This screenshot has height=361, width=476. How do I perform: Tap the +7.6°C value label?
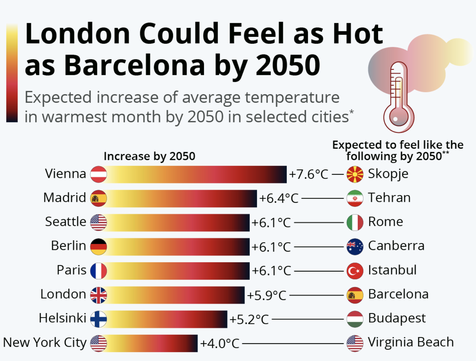(x=308, y=174)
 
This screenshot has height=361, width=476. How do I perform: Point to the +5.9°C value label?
(x=267, y=295)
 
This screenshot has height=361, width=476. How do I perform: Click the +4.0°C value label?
(x=220, y=343)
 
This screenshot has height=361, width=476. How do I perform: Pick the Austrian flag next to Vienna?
(x=98, y=174)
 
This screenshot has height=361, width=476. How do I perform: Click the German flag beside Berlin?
(x=98, y=247)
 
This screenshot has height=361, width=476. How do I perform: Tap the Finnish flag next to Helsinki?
(x=98, y=319)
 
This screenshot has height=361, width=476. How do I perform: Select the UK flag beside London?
(x=98, y=295)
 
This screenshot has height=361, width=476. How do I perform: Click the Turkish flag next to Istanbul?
(x=355, y=271)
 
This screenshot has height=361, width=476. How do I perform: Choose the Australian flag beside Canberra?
(x=355, y=247)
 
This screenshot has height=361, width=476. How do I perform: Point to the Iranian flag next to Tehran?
(x=355, y=198)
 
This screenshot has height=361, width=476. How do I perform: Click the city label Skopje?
(x=388, y=174)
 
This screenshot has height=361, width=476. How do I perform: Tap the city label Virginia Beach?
(x=411, y=342)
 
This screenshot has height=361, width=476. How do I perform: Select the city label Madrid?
(x=65, y=198)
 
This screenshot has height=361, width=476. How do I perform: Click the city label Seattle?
(x=66, y=222)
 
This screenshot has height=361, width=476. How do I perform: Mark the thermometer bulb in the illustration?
(x=399, y=117)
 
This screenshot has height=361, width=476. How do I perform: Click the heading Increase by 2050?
(x=149, y=156)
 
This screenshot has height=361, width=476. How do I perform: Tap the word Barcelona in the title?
(x=135, y=65)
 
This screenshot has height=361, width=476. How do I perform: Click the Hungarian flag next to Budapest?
(x=355, y=319)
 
